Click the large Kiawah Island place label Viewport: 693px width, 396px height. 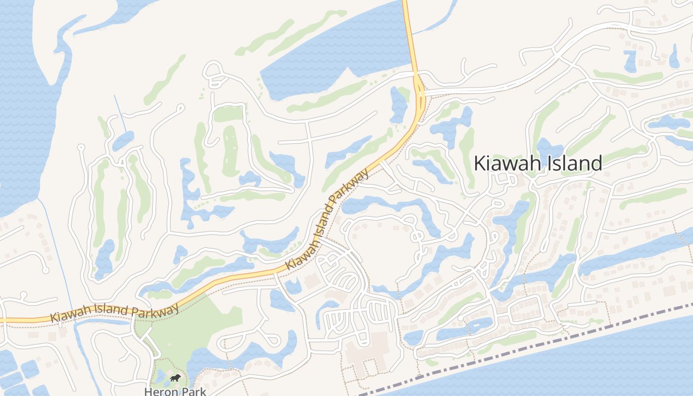[x=538, y=163]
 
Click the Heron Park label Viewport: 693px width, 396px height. [x=175, y=392]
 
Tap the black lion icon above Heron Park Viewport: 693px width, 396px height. [x=175, y=379]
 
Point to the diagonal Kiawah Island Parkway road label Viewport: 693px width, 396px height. [x=327, y=220]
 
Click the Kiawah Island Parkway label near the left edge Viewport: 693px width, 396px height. [x=114, y=313]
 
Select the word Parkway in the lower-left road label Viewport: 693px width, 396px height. [x=155, y=310]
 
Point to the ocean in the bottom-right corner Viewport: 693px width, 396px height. [x=619, y=366]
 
